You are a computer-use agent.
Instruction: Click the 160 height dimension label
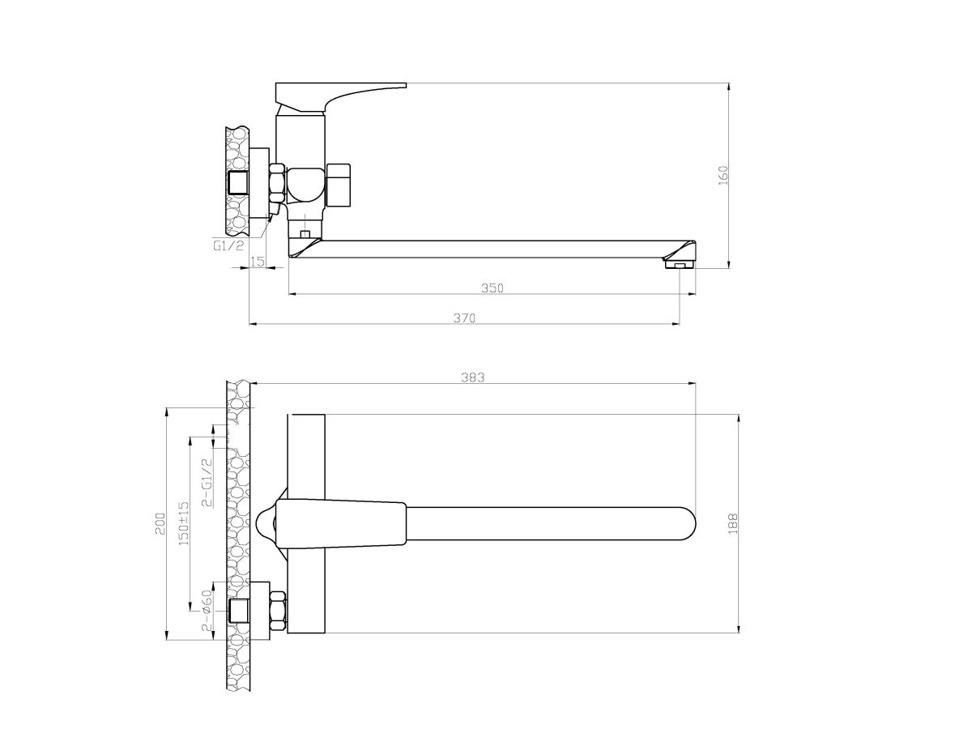point(724,173)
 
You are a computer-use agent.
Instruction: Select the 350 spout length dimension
point(492,288)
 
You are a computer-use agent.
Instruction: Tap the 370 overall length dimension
point(463,318)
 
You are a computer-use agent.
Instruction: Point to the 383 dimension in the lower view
point(474,377)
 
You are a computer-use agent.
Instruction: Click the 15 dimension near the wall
point(258,261)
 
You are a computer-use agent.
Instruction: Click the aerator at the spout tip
point(678,263)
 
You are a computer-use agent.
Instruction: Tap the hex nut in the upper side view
point(277,184)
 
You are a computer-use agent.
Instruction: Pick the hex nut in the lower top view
point(277,612)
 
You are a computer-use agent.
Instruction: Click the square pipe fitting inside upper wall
point(239,183)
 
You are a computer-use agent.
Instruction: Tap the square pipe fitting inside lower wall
point(239,612)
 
